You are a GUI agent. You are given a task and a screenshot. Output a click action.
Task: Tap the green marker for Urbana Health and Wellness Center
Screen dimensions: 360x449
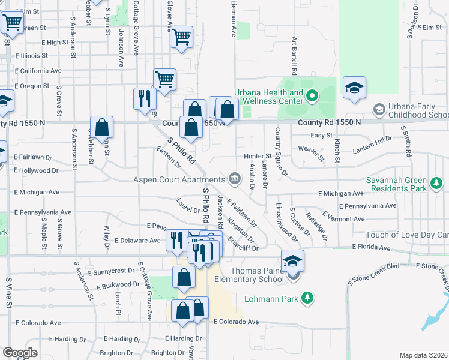(312, 96)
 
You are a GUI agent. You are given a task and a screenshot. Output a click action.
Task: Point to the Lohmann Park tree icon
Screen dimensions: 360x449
(307, 298)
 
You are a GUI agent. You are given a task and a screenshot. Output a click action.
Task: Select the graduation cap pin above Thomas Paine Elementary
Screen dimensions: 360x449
(293, 261)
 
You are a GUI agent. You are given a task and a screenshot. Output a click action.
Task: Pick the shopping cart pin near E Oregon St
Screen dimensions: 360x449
(164, 79)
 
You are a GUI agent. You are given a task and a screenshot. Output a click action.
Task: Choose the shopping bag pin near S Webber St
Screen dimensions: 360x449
(102, 127)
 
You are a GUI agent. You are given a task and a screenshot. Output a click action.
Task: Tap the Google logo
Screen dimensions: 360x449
(20, 353)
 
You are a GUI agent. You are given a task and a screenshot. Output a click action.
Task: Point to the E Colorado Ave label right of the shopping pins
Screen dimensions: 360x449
(237, 322)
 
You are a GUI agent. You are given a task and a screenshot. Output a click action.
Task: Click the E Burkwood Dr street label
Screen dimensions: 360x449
(118, 286)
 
